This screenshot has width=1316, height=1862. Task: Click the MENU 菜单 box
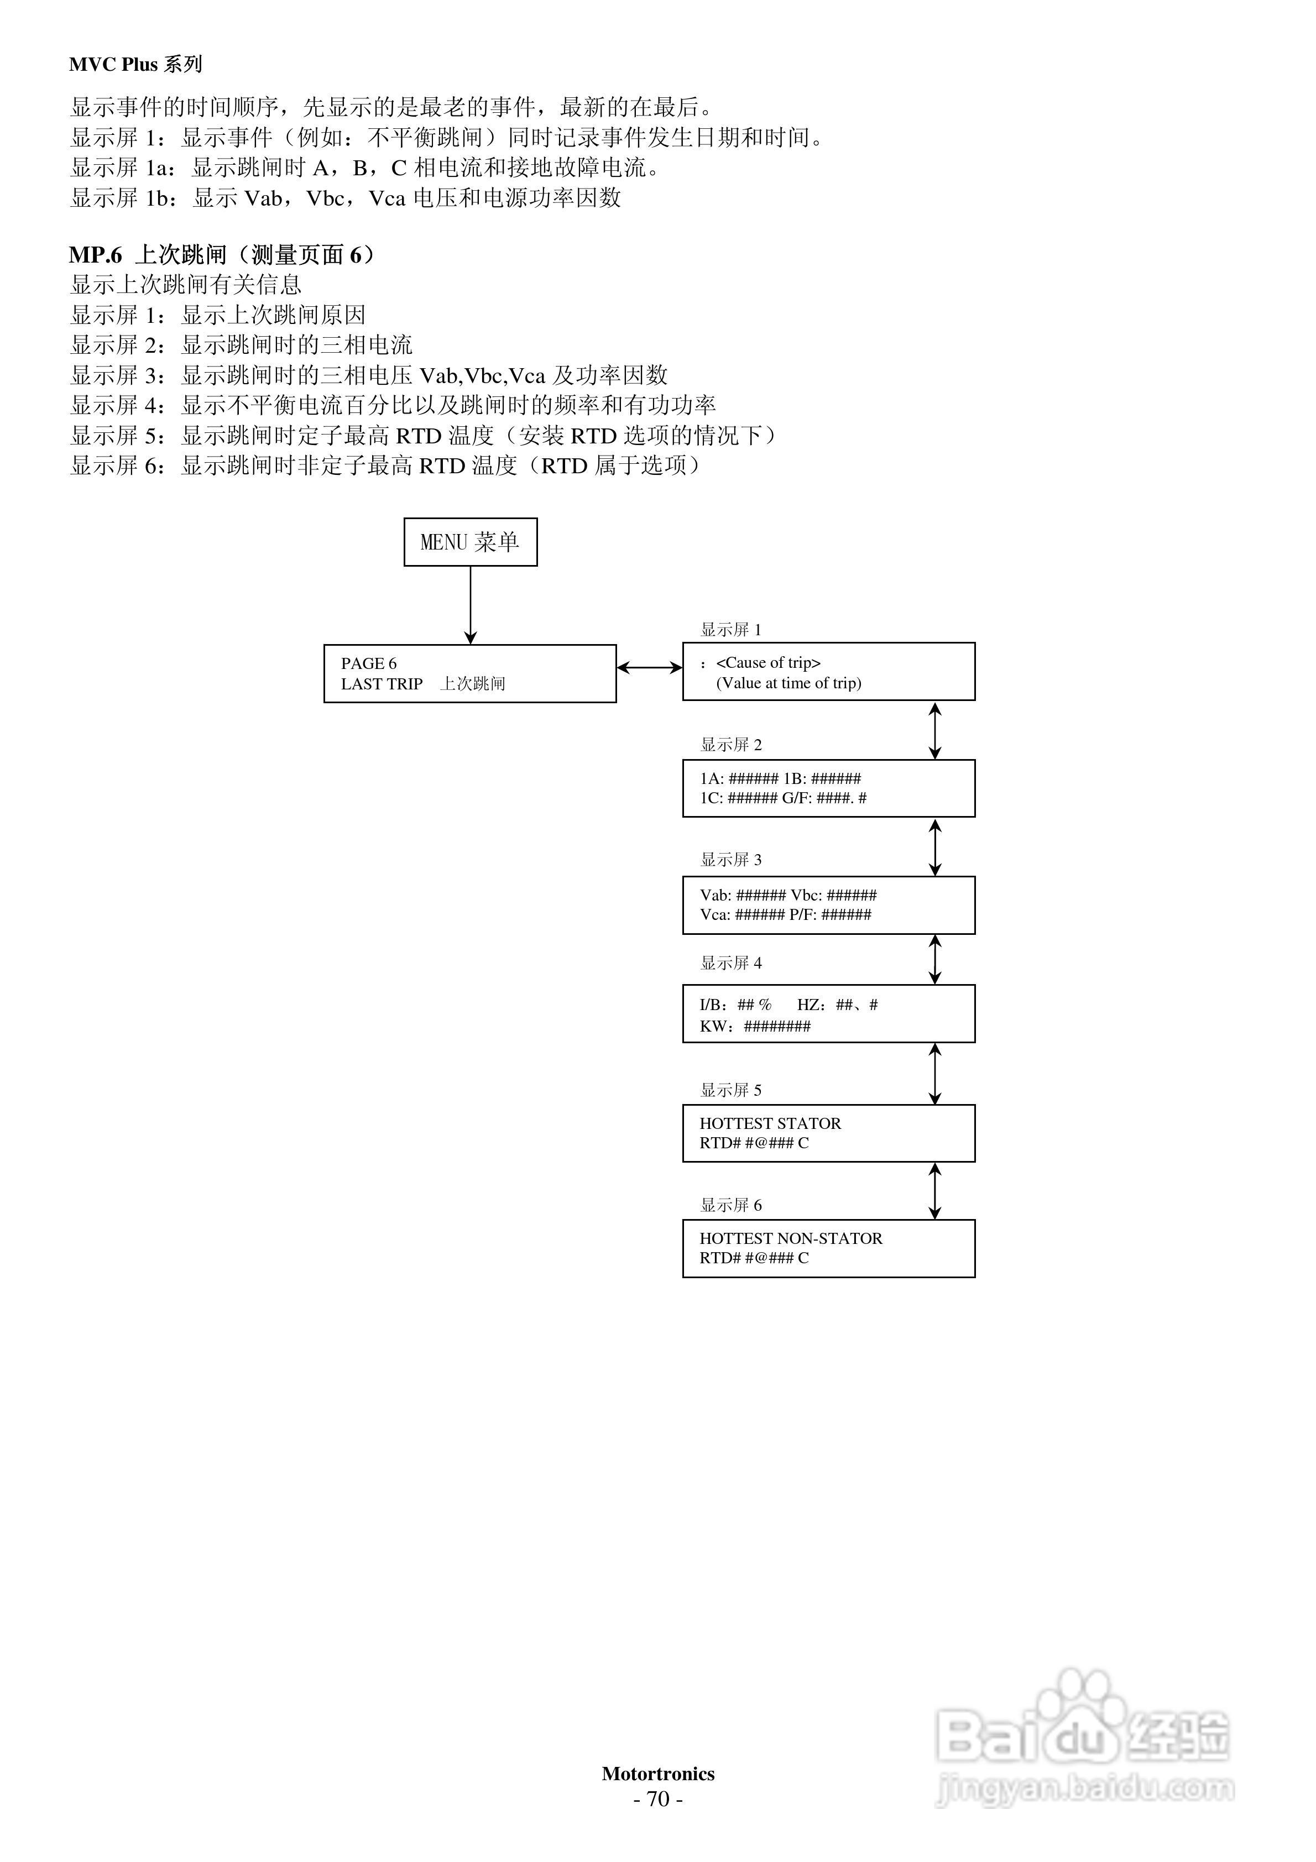[470, 542]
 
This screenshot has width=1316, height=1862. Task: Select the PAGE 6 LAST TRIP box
[470, 673]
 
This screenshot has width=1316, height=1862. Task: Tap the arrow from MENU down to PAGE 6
[471, 604]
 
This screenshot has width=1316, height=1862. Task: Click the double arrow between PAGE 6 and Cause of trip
[649, 667]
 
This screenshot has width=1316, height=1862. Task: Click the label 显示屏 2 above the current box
[730, 745]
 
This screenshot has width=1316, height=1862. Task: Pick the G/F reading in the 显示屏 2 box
[823, 798]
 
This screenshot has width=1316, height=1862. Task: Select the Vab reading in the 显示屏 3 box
[743, 895]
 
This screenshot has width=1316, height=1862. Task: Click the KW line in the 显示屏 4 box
[755, 1026]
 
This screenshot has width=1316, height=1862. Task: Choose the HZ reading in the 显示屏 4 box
[837, 1005]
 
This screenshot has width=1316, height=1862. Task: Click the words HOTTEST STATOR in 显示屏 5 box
[770, 1123]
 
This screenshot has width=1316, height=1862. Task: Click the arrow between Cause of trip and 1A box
[934, 730]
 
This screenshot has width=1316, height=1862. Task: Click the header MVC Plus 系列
[135, 65]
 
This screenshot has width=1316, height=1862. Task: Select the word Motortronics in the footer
[658, 1774]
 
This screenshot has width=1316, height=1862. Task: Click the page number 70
[658, 1800]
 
